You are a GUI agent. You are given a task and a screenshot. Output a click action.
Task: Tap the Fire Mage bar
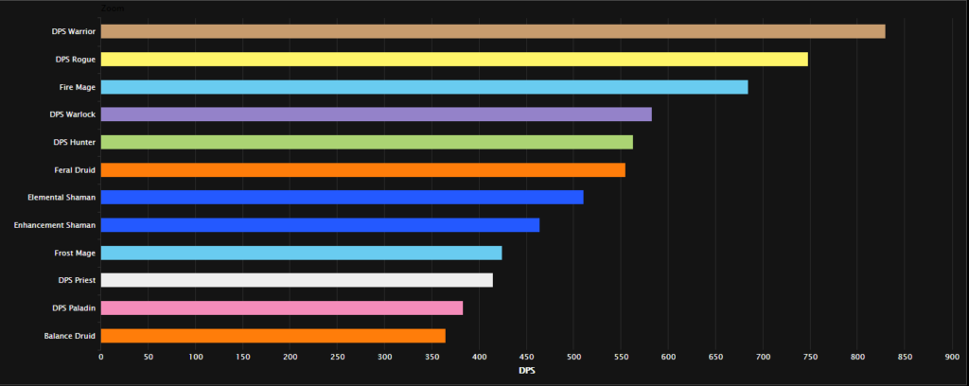click(424, 87)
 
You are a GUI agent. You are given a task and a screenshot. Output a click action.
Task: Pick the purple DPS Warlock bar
click(376, 114)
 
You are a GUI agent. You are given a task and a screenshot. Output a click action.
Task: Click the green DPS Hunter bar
click(366, 142)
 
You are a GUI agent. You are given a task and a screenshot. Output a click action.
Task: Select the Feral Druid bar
click(362, 169)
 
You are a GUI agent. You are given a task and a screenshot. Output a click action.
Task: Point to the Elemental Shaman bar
click(342, 197)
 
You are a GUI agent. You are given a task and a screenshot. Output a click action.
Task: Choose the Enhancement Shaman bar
click(320, 225)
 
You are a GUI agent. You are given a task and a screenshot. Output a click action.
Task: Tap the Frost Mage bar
click(301, 253)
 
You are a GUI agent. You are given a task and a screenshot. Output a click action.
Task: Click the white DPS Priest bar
click(296, 280)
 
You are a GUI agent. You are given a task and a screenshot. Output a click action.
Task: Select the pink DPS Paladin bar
click(281, 307)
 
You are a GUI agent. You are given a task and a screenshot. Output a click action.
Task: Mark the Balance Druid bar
click(273, 335)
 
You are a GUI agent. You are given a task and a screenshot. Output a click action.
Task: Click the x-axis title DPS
click(526, 370)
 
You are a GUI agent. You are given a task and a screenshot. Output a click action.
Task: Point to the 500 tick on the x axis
click(479, 356)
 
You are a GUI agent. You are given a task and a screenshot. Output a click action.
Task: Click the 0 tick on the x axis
click(101, 356)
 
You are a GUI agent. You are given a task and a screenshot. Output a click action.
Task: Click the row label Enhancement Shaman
click(54, 225)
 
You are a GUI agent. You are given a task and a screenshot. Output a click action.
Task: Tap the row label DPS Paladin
click(74, 307)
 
